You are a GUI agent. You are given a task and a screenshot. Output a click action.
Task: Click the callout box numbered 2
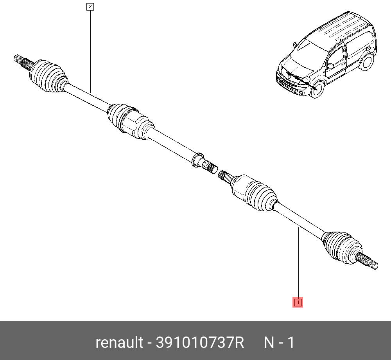(x=90, y=7)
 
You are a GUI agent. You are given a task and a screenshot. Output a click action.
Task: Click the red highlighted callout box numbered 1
(x=298, y=302)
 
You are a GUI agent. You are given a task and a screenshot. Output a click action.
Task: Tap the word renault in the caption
(x=119, y=342)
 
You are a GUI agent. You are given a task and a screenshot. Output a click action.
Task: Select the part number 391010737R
(x=200, y=342)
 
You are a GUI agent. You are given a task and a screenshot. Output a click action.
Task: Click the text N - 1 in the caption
(x=279, y=342)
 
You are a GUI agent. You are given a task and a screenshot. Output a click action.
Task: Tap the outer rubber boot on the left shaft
(x=48, y=76)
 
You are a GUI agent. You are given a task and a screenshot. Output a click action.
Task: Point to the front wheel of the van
(x=317, y=89)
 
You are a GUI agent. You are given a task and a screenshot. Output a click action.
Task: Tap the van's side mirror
(x=330, y=67)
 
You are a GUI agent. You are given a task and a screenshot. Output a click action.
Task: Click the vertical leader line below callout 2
(x=90, y=52)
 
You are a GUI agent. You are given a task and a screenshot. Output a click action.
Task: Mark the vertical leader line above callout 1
(x=298, y=263)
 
